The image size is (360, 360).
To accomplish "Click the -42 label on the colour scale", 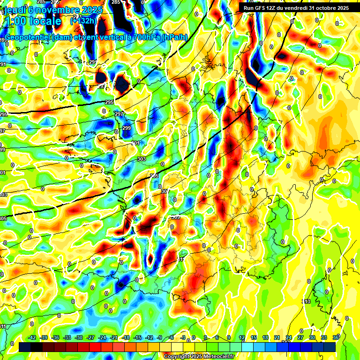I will (x=32, y=337).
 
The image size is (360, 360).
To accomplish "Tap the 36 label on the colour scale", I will (x=336, y=337).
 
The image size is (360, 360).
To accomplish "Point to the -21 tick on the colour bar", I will (x=114, y=337).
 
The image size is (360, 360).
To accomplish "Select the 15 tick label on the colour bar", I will (x=253, y=337).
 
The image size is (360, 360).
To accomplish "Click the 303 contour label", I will (x=142, y=159).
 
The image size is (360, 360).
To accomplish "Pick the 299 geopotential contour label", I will (x=127, y=128).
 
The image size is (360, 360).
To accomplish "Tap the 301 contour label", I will (x=135, y=143).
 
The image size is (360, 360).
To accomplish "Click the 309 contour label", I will (x=176, y=217).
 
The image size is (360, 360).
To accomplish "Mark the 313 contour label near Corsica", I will (x=307, y=301).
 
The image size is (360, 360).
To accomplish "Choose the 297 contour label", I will (x=120, y=114).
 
